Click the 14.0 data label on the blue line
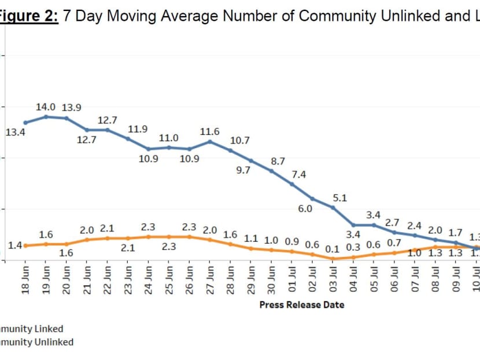tap(46, 107)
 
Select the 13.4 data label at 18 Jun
tap(15, 133)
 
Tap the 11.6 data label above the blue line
tap(209, 132)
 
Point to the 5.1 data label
tap(340, 198)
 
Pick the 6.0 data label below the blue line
tap(305, 209)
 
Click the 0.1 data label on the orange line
tap(332, 249)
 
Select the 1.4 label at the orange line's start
tap(15, 246)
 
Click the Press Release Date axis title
tap(301, 304)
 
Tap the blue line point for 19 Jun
tap(46, 117)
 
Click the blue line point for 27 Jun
tap(210, 141)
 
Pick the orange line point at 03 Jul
tap(334, 259)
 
